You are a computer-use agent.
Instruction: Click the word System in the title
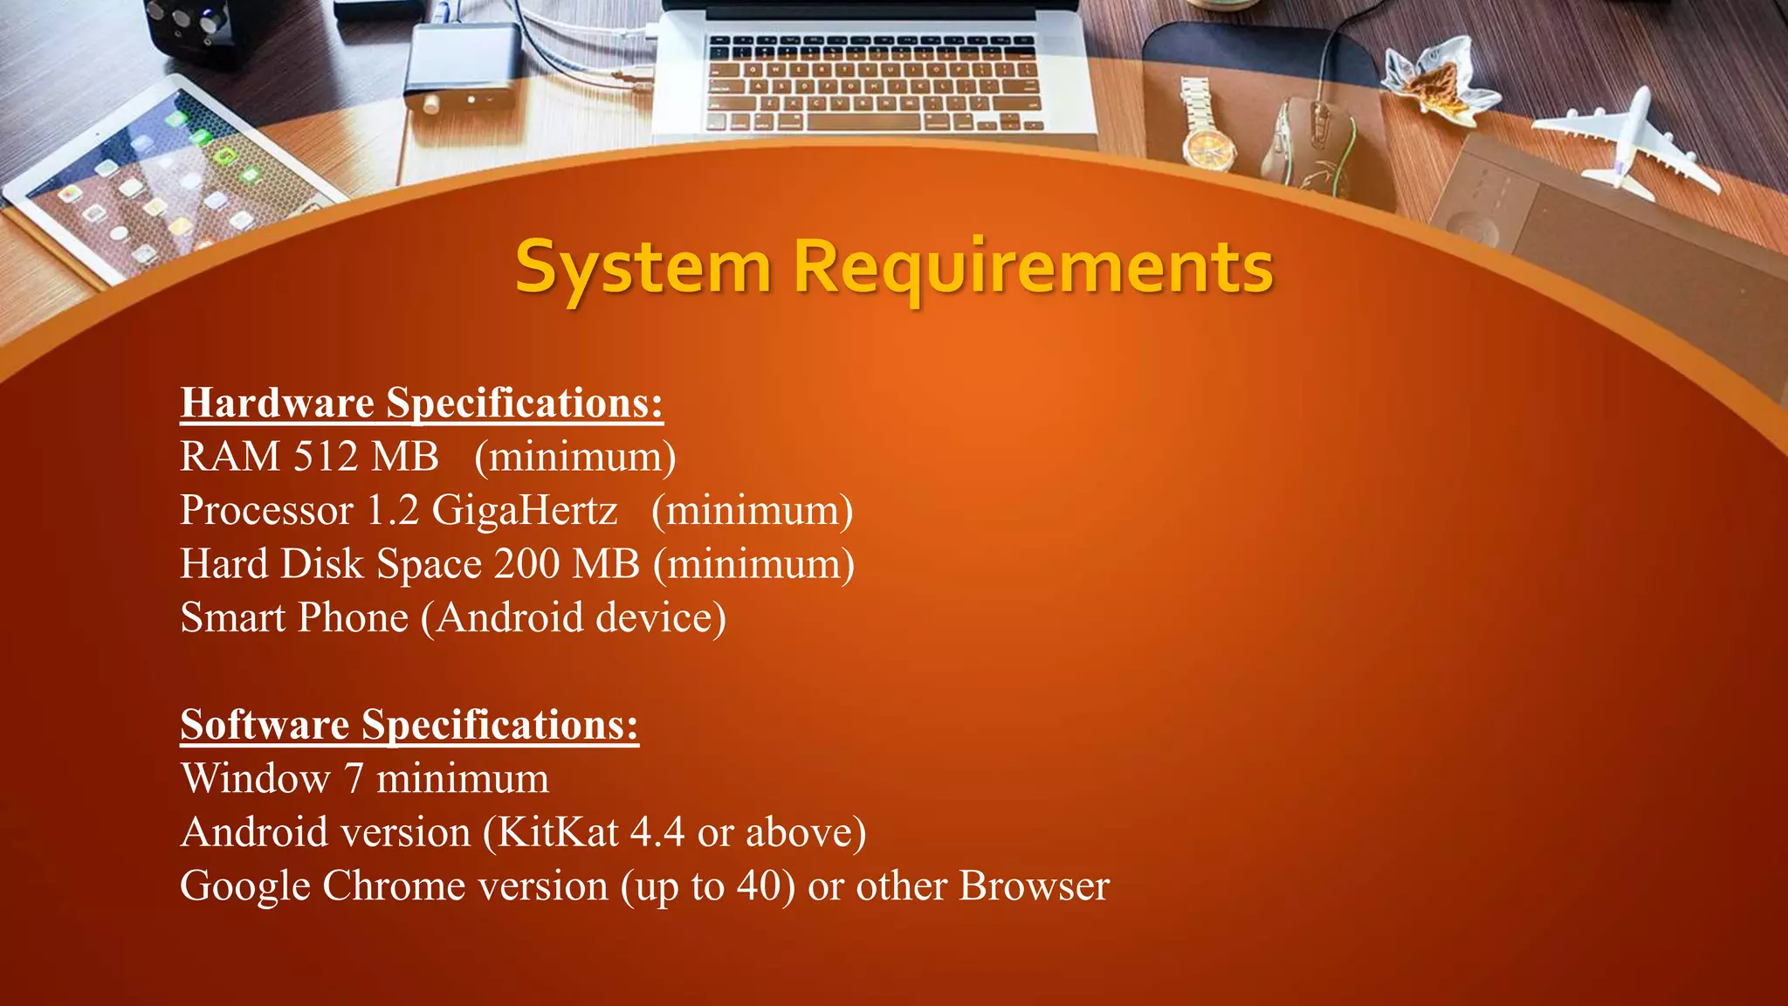pos(643,267)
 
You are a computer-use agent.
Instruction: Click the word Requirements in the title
pos(1033,267)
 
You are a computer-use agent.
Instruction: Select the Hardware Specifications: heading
pos(422,403)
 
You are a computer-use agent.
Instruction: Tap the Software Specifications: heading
pos(409,725)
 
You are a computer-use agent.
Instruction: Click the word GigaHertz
pos(525,511)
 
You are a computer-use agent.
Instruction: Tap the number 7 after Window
pos(354,779)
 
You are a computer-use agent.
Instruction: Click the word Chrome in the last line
pos(394,886)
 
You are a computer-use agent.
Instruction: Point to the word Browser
pos(1034,886)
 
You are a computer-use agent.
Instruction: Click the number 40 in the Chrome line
pos(758,886)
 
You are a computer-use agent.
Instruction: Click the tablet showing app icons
pos(166,175)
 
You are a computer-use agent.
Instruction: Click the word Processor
pos(266,511)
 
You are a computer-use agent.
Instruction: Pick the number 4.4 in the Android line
pos(657,832)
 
